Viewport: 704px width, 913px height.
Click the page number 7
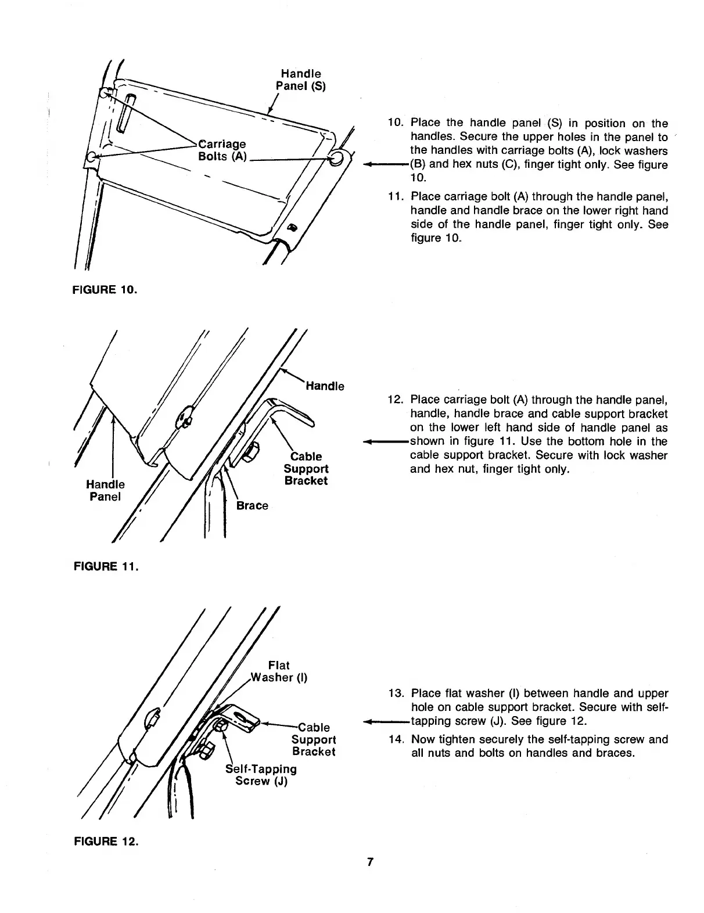369,862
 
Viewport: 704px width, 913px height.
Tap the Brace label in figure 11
252,505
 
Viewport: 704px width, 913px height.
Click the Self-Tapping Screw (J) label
261,775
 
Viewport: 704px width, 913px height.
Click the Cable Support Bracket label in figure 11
306,469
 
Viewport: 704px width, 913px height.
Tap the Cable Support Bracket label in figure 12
313,739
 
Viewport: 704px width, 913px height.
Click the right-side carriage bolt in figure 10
335,159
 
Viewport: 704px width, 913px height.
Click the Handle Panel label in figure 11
105,490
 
